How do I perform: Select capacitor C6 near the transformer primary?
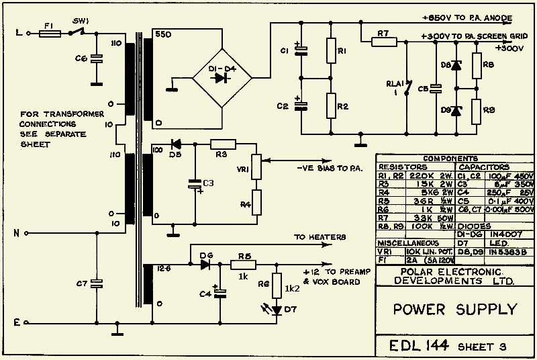click(x=97, y=59)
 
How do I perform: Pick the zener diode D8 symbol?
click(x=457, y=66)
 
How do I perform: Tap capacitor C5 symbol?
click(x=436, y=87)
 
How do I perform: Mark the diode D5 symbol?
click(x=177, y=143)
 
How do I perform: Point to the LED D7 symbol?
click(x=276, y=308)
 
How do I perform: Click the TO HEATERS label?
click(x=320, y=237)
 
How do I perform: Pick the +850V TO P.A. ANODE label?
click(x=469, y=17)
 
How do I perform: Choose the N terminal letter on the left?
click(x=16, y=234)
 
